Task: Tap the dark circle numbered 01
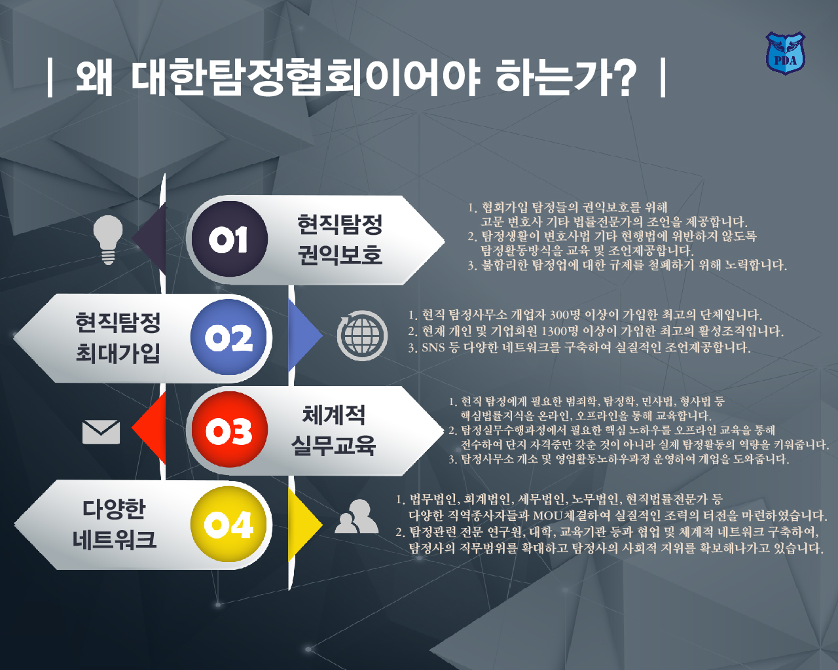(x=229, y=239)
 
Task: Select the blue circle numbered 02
(x=228, y=337)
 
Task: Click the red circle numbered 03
(x=229, y=430)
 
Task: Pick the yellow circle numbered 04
(x=228, y=524)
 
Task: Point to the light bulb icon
(x=108, y=240)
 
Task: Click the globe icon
(x=362, y=336)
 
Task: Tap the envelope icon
(x=101, y=432)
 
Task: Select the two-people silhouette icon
(x=356, y=516)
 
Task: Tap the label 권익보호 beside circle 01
(x=340, y=255)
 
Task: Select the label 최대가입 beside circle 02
(x=118, y=353)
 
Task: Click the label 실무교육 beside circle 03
(x=333, y=446)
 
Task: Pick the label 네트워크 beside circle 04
(x=115, y=539)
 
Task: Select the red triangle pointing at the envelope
(x=149, y=429)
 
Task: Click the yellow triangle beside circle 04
(x=305, y=525)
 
